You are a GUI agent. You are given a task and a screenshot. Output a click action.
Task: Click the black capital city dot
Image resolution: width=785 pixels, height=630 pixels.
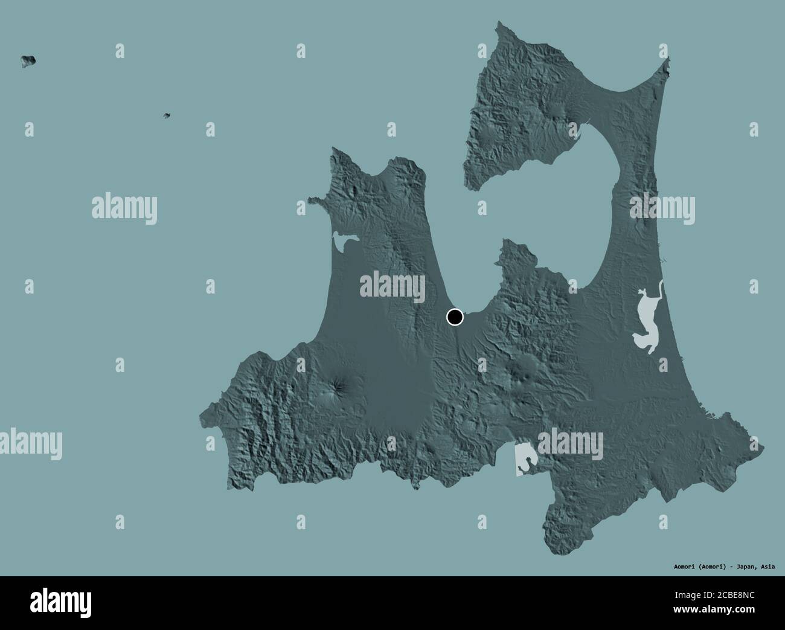(x=455, y=317)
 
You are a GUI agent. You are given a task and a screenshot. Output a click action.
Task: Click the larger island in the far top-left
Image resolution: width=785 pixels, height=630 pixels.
(x=28, y=60)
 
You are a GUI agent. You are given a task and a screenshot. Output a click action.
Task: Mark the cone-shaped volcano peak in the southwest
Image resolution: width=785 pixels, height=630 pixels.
(x=333, y=387)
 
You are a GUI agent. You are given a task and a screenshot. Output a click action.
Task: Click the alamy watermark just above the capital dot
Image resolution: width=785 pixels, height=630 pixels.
(x=393, y=284)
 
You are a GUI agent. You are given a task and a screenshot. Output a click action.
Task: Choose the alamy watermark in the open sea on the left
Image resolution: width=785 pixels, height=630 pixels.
(x=124, y=208)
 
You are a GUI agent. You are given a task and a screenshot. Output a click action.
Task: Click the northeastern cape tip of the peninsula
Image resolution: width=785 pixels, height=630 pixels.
(x=667, y=60)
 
